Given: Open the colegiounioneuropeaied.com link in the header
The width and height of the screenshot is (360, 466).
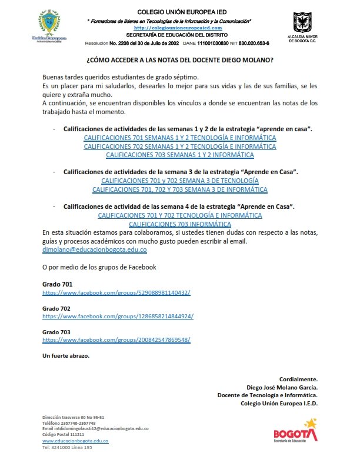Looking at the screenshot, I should (x=178, y=28).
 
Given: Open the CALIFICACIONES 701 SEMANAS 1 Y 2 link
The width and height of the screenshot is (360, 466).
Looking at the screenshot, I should (x=180, y=138).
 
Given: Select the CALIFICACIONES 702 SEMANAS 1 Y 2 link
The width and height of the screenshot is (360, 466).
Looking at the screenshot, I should (x=180, y=147).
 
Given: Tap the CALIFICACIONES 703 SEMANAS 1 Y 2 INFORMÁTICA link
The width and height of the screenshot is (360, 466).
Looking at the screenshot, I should (x=180, y=155).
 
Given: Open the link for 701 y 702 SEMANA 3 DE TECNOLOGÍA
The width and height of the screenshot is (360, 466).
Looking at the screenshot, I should (x=180, y=181).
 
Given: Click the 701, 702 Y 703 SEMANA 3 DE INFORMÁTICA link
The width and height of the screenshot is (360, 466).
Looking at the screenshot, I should (x=180, y=189).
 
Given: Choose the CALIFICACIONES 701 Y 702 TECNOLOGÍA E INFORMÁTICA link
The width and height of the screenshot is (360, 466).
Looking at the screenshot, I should (x=180, y=215).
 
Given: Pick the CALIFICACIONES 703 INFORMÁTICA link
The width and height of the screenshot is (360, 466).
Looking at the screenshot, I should (x=180, y=224).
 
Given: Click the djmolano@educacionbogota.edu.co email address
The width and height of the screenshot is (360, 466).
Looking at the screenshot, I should (x=95, y=250).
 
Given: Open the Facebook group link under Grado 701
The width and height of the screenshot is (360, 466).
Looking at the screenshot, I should (x=116, y=292).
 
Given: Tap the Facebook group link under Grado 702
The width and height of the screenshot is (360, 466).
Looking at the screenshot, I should (x=118, y=316).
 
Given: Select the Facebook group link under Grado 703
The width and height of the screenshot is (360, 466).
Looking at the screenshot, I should (x=116, y=340).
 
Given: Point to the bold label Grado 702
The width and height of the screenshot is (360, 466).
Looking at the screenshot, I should (x=56, y=308).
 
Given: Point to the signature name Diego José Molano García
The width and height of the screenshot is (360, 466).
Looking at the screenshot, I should (x=282, y=387).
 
